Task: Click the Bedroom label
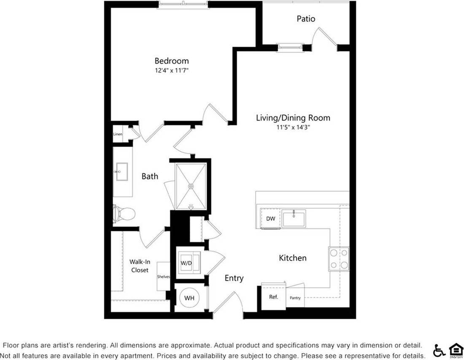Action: (x=171, y=61)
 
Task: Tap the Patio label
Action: (x=306, y=19)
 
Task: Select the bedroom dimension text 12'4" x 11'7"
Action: (x=171, y=70)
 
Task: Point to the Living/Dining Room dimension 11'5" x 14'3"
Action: (x=293, y=127)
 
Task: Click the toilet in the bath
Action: (x=125, y=214)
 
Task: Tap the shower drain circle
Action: (x=191, y=186)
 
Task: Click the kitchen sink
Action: (x=294, y=219)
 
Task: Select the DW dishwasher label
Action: (x=271, y=219)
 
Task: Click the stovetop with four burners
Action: (x=339, y=259)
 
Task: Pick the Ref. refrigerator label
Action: (x=274, y=297)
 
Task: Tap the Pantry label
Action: (x=295, y=298)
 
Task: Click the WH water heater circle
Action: (x=190, y=298)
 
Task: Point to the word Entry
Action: (x=234, y=278)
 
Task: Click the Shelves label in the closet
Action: (x=164, y=277)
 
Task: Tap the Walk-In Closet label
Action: (x=139, y=266)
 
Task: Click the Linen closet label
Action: (x=118, y=134)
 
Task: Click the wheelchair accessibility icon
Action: (x=439, y=350)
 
